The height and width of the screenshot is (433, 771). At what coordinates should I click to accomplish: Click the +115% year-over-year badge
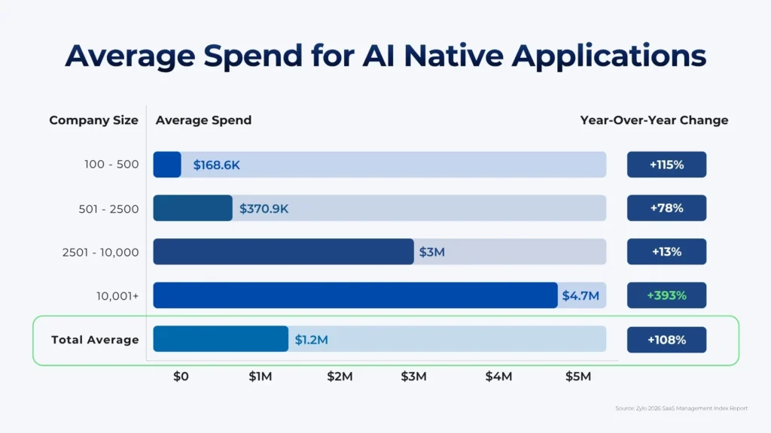tap(666, 165)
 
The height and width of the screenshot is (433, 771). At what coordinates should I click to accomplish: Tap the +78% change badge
tap(666, 208)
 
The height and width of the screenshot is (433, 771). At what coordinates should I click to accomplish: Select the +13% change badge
tap(666, 252)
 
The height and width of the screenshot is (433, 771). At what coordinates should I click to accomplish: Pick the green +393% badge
tap(666, 295)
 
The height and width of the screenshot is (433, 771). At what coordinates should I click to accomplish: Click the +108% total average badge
tap(666, 340)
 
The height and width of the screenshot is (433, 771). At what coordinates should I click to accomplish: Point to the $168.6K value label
tap(216, 165)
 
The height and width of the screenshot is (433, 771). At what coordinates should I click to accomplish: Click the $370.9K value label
tap(264, 209)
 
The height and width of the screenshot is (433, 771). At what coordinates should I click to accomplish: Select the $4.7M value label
tap(581, 296)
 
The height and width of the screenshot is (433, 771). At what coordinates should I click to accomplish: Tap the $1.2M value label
tap(311, 340)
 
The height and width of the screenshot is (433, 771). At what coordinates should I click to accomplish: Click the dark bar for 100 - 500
tap(167, 165)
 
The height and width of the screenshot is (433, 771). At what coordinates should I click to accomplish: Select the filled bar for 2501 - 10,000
tap(283, 252)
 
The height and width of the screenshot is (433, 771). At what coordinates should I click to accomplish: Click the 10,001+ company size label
tap(117, 296)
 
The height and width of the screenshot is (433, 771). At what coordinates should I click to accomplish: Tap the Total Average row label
tap(95, 340)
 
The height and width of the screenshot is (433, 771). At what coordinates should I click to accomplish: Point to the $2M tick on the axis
tap(340, 377)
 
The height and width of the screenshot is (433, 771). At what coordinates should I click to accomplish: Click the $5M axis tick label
tap(578, 377)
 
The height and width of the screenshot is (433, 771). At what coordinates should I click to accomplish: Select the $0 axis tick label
tap(181, 377)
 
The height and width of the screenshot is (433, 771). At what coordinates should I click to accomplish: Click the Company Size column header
tap(93, 120)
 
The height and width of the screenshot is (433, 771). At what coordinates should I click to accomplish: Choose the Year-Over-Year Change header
tap(654, 120)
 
